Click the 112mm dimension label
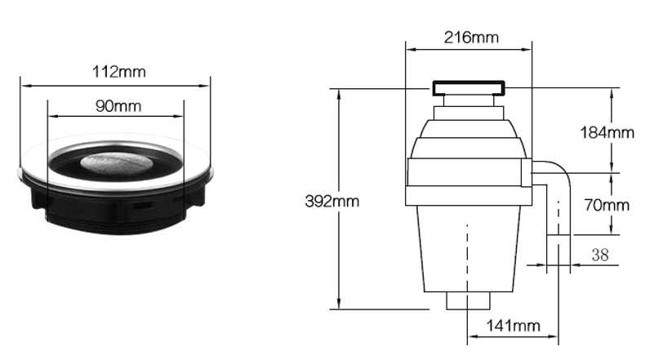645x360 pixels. [119, 72]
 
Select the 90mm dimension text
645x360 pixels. [118, 106]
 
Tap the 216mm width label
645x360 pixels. [471, 38]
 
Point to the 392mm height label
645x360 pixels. [332, 201]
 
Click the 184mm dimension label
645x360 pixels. [607, 132]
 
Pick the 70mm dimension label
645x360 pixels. [607, 205]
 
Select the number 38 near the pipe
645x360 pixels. [600, 255]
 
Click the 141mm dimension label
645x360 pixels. [513, 326]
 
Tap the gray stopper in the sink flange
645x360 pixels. [117, 162]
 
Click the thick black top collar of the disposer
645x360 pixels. [469, 88]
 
